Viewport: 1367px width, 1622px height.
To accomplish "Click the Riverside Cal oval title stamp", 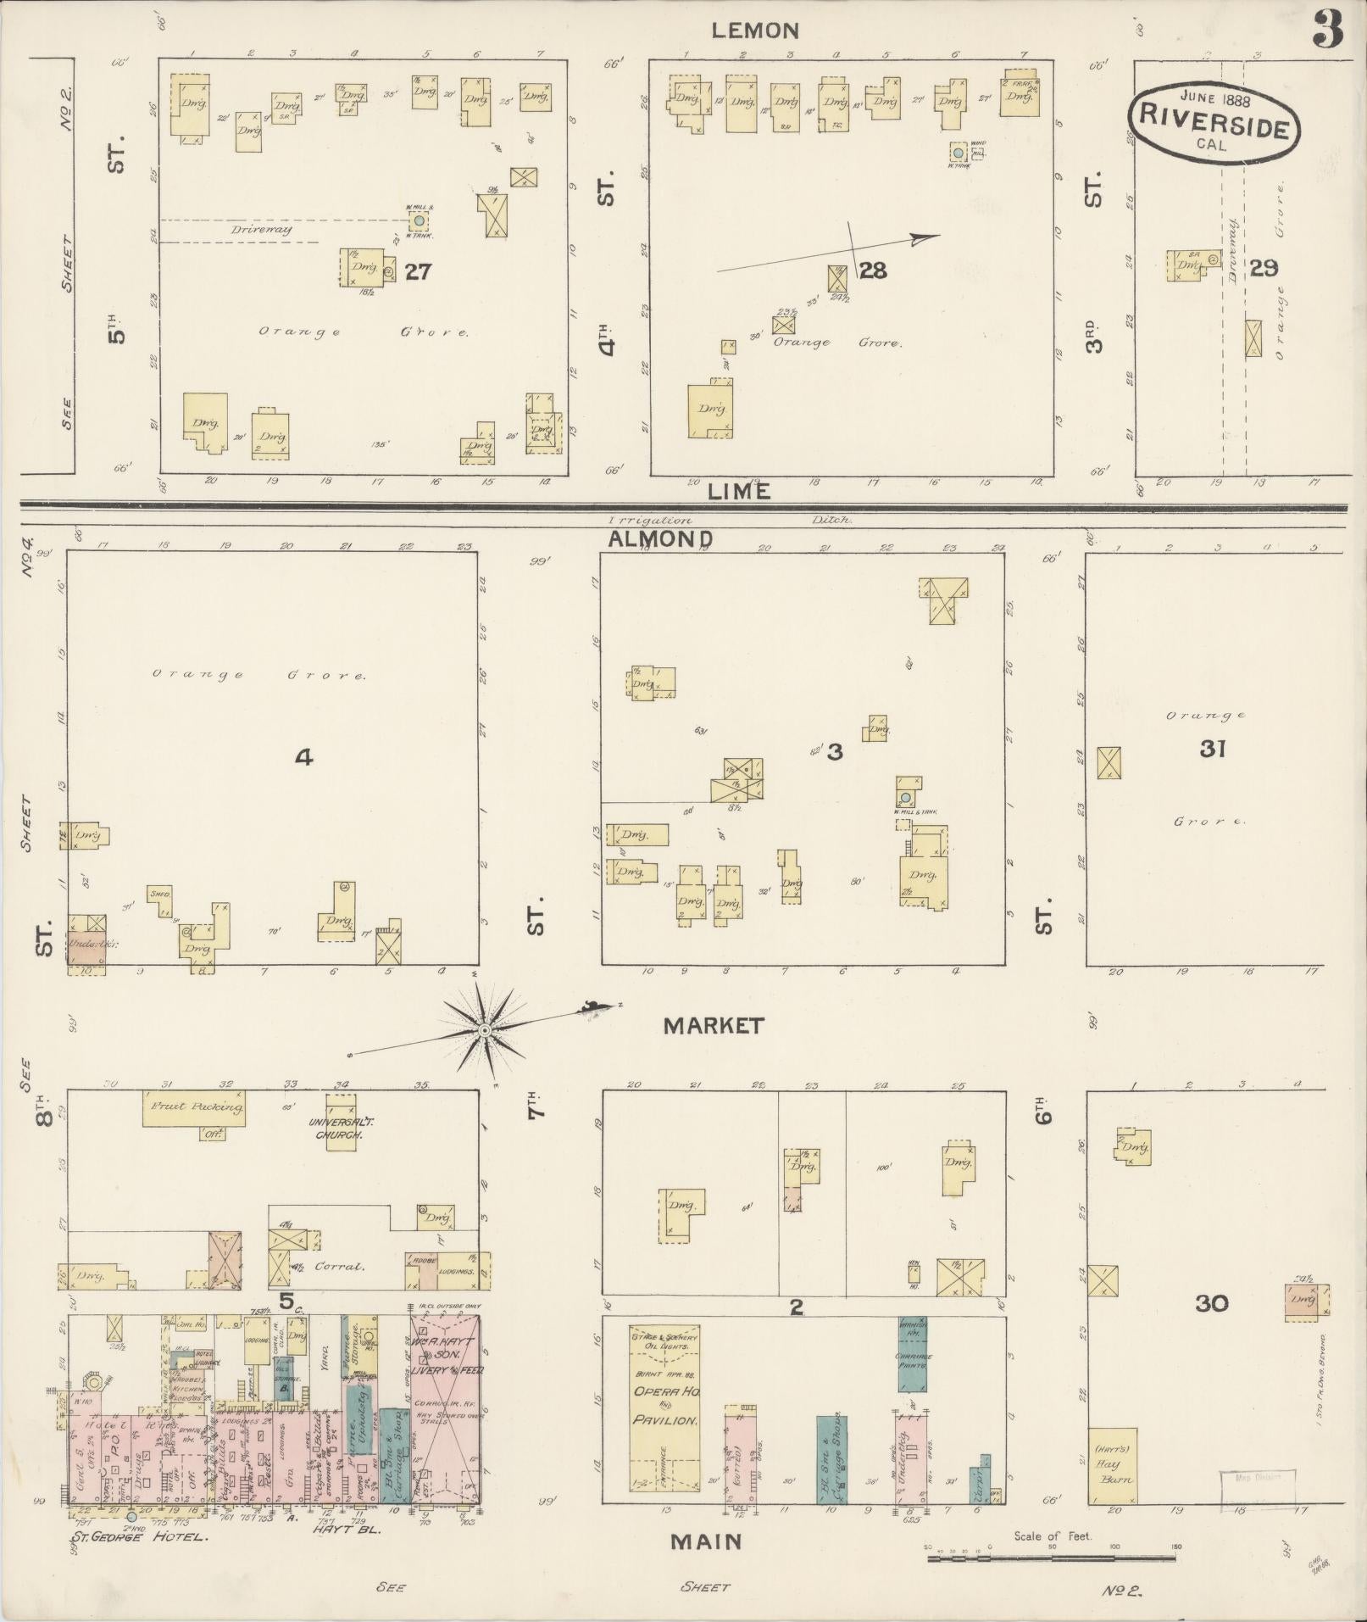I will click(1214, 121).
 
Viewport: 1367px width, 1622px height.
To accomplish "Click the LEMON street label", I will click(754, 31).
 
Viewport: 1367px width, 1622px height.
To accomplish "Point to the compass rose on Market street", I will click(485, 1030).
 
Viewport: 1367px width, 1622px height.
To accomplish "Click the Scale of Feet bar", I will click(1052, 1558).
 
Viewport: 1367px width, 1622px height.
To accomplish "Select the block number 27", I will click(418, 271).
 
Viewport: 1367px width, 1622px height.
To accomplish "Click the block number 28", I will click(872, 270).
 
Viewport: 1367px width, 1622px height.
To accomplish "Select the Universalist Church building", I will click(340, 1122).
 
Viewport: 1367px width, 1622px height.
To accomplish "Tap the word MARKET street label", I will click(713, 1026).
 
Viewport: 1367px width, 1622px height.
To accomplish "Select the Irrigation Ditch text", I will click(729, 520).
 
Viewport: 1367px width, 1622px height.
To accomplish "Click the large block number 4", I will click(303, 756).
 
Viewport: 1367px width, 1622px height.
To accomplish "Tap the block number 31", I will click(1213, 749).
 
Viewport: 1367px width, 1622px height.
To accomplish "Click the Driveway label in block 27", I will click(260, 230).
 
